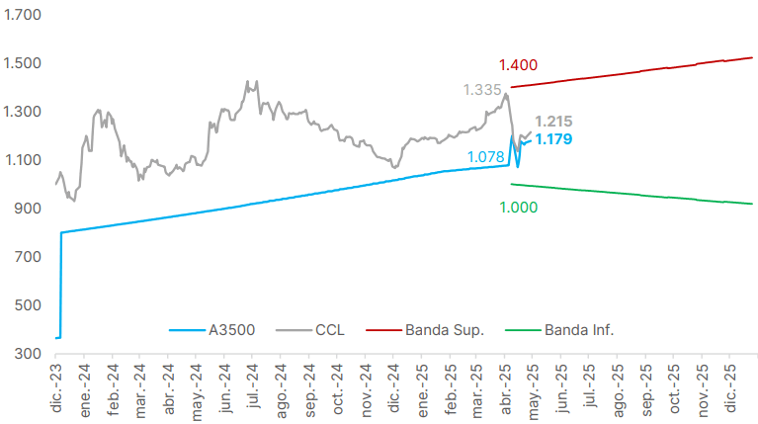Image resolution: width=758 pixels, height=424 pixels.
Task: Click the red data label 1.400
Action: pyautogui.click(x=518, y=66)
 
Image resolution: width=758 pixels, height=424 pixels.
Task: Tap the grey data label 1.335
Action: pyautogui.click(x=482, y=90)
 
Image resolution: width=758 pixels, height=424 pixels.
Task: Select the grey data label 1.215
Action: pyautogui.click(x=553, y=122)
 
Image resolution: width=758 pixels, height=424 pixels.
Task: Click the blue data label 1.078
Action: pyautogui.click(x=486, y=156)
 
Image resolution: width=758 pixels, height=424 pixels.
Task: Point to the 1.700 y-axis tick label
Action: pyautogui.click(x=22, y=16)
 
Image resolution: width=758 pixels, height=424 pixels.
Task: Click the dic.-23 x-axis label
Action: pyautogui.click(x=57, y=387)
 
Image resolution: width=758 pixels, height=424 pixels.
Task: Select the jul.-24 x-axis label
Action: pyautogui.click(x=255, y=387)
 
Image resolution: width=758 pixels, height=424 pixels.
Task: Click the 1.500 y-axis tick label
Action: pyautogui.click(x=22, y=64)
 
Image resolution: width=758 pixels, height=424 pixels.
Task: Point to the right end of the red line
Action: pyautogui.click(x=752, y=57)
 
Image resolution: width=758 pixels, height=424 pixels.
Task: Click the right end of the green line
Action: pyautogui.click(x=752, y=204)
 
